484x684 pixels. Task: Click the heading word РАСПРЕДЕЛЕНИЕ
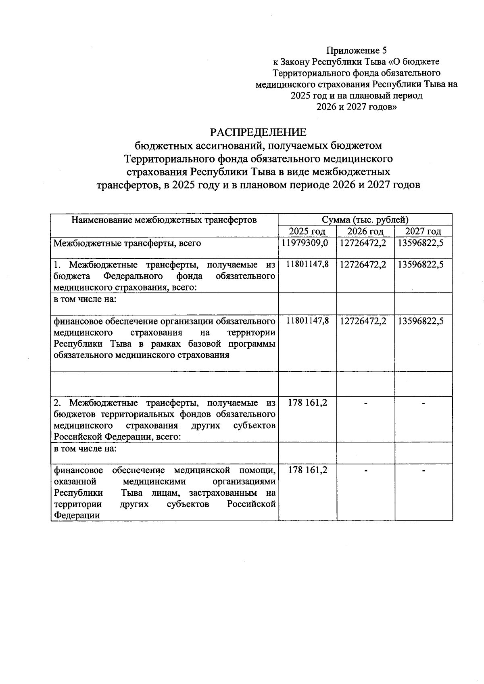point(258,133)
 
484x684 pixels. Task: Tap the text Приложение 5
point(356,51)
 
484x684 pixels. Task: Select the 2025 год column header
point(307,232)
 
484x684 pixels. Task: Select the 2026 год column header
point(365,232)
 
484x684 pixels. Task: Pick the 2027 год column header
point(423,232)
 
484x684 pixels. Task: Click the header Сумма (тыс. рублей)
point(365,220)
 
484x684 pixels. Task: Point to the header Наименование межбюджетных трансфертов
point(164,220)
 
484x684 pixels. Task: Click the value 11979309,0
point(307,243)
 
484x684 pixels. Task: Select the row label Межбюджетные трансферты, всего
point(127,243)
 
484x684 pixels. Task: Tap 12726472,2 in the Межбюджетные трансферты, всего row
point(365,243)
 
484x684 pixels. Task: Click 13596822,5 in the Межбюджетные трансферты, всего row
point(423,243)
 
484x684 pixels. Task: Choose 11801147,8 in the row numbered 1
point(307,265)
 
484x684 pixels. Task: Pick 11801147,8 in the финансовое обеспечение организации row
point(307,321)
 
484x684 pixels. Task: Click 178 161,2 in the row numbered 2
point(307,403)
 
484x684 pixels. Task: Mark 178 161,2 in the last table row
point(307,470)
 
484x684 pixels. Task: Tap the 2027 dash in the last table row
point(423,471)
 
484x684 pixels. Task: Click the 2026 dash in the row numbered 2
point(365,404)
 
